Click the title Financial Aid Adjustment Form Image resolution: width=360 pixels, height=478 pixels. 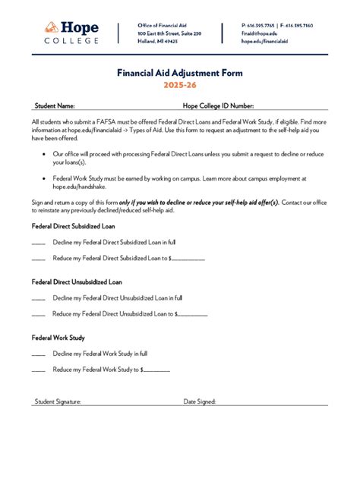pyautogui.click(x=179, y=74)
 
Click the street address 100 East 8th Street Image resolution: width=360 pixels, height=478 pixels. pyautogui.click(x=169, y=33)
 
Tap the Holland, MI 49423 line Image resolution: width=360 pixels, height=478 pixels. pyautogui.click(x=157, y=42)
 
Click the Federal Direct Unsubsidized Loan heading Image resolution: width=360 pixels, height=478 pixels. pyautogui.click(x=77, y=281)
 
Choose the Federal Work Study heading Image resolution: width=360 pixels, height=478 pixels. pyautogui.click(x=58, y=337)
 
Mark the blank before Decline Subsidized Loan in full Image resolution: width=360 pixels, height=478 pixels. pyautogui.click(x=38, y=243)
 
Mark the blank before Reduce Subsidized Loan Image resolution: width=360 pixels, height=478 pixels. pyautogui.click(x=38, y=259)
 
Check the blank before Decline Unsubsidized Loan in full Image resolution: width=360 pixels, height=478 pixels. pyautogui.click(x=38, y=298)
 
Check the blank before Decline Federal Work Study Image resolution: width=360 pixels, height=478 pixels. pyautogui.click(x=38, y=354)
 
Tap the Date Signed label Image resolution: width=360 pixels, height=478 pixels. pyautogui.click(x=200, y=401)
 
